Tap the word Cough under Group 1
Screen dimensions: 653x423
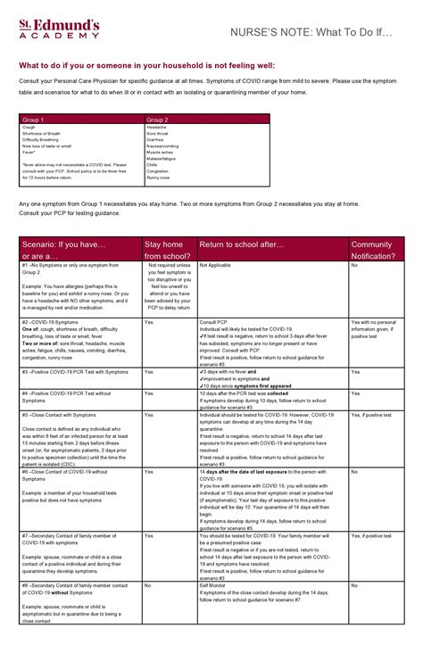coord(29,128)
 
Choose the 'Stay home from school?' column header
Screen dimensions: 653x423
coord(167,249)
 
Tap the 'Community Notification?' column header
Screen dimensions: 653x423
coord(376,249)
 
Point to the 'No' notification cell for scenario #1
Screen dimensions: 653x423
coord(354,265)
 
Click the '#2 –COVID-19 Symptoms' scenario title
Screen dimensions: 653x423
coord(49,321)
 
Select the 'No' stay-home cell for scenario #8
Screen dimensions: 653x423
coord(147,586)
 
